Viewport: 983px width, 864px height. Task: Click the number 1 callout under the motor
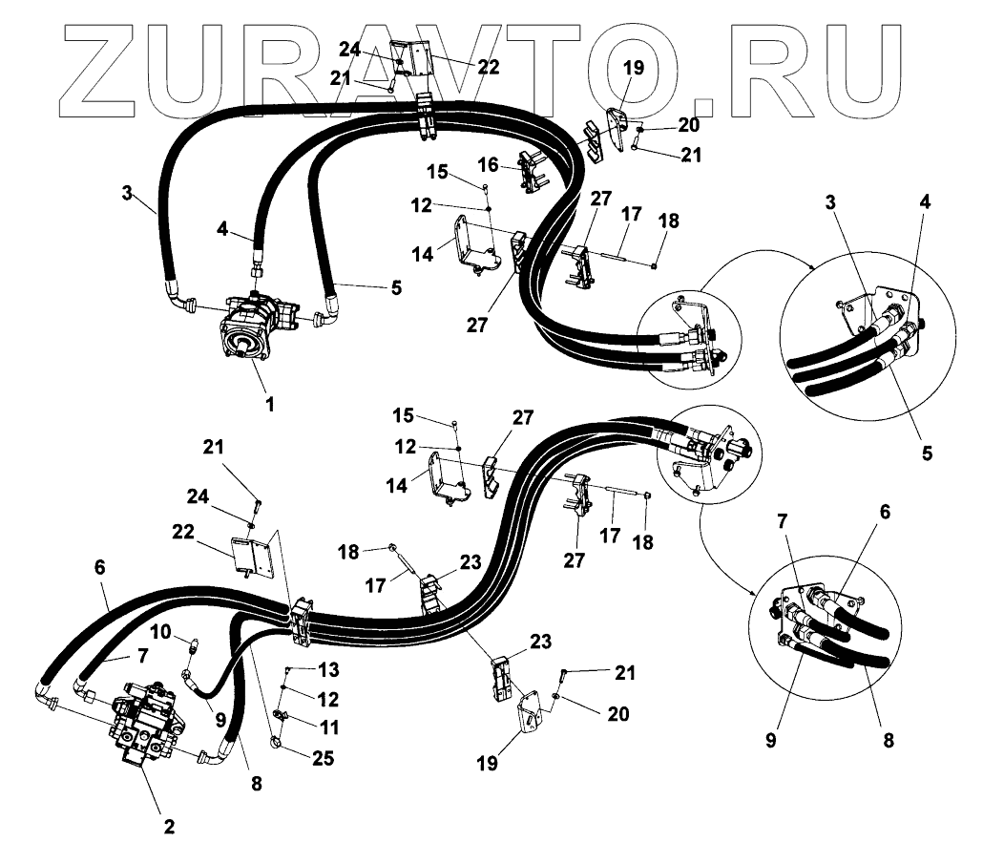click(270, 404)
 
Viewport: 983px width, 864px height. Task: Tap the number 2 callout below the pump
click(168, 827)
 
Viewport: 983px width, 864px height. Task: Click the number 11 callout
click(329, 727)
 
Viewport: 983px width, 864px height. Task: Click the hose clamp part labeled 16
click(533, 172)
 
